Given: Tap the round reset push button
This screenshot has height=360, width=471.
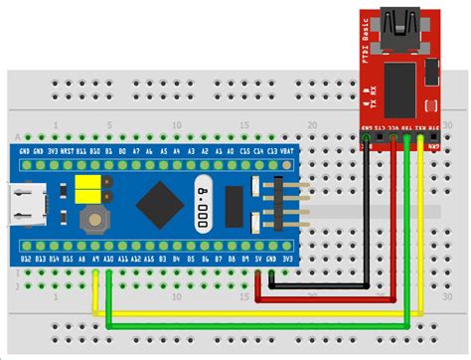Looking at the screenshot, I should click(93, 218).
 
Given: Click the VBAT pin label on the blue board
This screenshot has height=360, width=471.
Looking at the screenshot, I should click(286, 152).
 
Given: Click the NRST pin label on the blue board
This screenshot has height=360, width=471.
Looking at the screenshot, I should click(67, 152).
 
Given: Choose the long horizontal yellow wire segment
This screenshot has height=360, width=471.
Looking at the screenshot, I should click(248, 314).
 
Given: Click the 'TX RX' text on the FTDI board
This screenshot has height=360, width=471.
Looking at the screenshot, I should click(368, 96).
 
